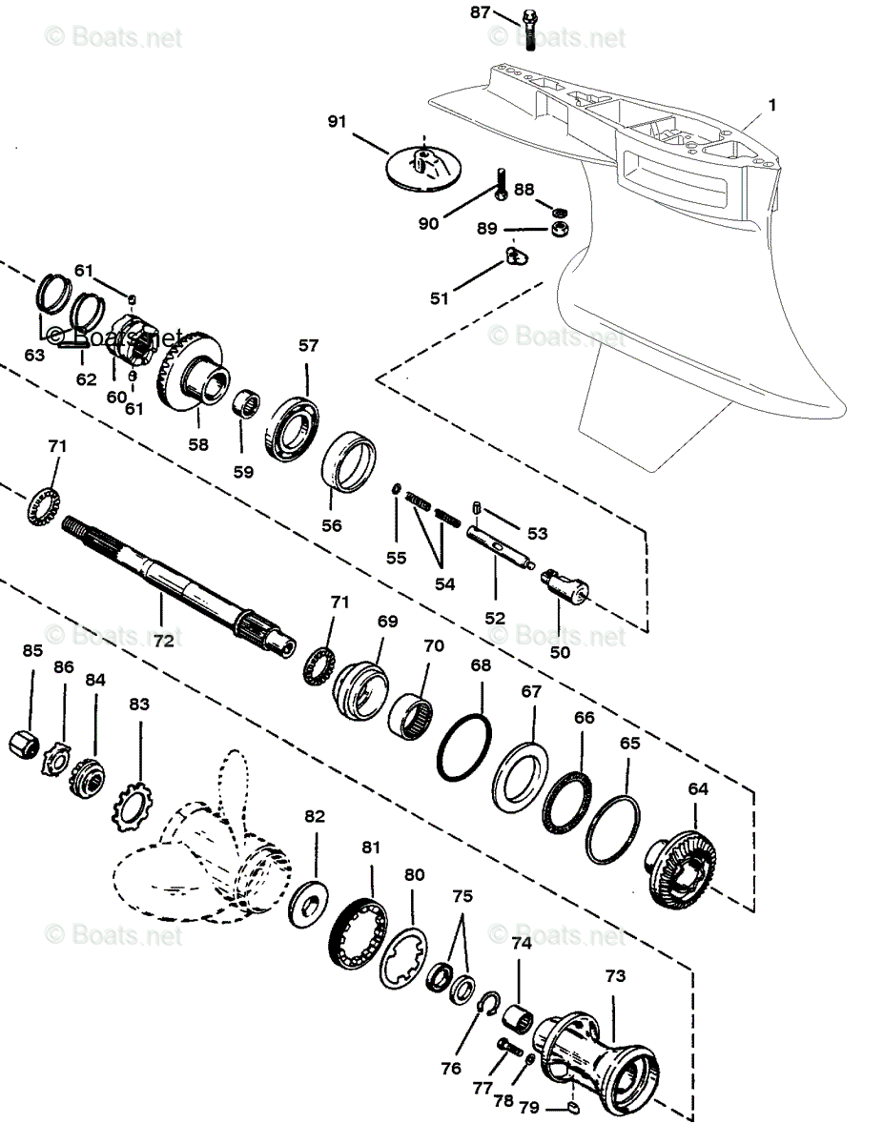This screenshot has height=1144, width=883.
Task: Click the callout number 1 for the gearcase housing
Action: click(771, 105)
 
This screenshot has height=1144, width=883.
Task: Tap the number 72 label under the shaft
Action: click(164, 641)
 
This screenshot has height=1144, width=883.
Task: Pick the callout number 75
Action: click(462, 896)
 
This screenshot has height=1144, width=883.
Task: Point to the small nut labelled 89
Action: click(562, 230)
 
